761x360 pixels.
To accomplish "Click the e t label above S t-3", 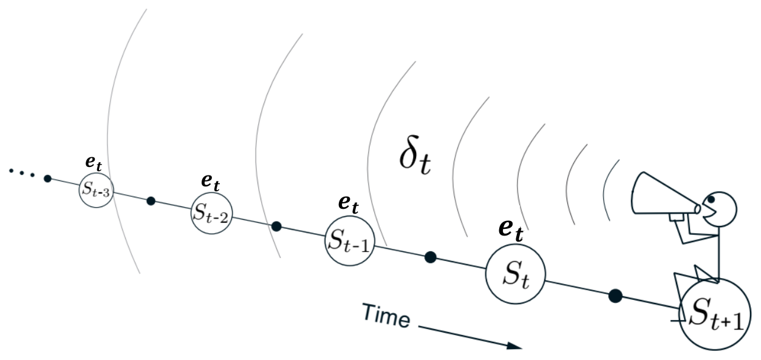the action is click(94, 163).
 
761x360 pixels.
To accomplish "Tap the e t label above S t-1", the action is click(349, 204).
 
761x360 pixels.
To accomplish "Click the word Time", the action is click(387, 316).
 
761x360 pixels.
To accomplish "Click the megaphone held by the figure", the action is click(664, 196).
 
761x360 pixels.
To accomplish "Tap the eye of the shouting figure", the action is click(711, 199).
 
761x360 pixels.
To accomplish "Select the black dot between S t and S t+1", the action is click(615, 296).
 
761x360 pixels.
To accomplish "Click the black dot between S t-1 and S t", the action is click(431, 257).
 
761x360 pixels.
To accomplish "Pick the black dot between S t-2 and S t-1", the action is click(276, 226).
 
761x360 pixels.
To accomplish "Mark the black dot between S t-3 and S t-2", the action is click(151, 201).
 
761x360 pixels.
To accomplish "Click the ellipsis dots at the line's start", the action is click(22, 172).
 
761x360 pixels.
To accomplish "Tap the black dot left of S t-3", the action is click(47, 178).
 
